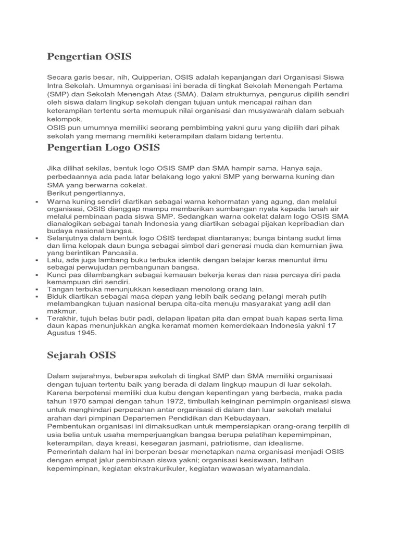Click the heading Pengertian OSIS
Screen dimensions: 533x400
click(x=89, y=56)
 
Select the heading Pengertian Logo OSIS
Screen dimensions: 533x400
click(x=103, y=147)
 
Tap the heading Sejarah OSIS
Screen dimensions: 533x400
click(x=81, y=355)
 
